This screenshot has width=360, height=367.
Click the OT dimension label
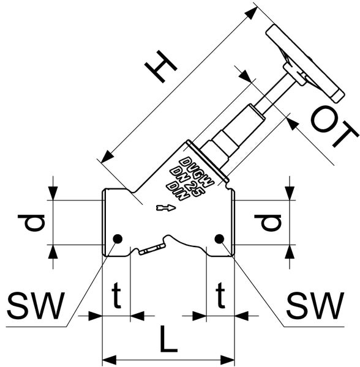point(334,127)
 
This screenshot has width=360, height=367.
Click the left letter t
point(116,295)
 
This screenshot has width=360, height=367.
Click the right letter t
point(220,295)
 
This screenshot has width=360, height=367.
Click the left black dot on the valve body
point(118,239)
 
